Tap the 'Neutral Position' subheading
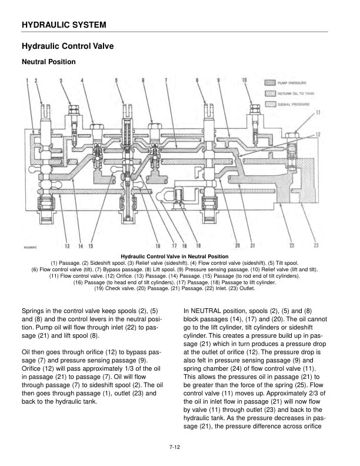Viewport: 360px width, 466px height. click(48, 62)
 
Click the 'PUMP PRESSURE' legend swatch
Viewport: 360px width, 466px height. click(271, 83)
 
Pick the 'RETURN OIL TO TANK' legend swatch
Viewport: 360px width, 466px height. click(271, 93)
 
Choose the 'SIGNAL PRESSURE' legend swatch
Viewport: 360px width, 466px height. click(271, 104)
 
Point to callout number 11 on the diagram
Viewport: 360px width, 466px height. click(318, 112)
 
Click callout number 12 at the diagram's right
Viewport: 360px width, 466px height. click(318, 135)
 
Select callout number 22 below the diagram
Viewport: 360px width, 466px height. click(292, 245)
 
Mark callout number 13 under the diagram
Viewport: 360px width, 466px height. click(67, 245)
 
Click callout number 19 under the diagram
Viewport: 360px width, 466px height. click(198, 245)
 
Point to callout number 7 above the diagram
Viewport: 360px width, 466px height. click(166, 79)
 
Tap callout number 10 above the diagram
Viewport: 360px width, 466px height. click(244, 79)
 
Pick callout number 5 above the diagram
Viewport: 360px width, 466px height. click(116, 79)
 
